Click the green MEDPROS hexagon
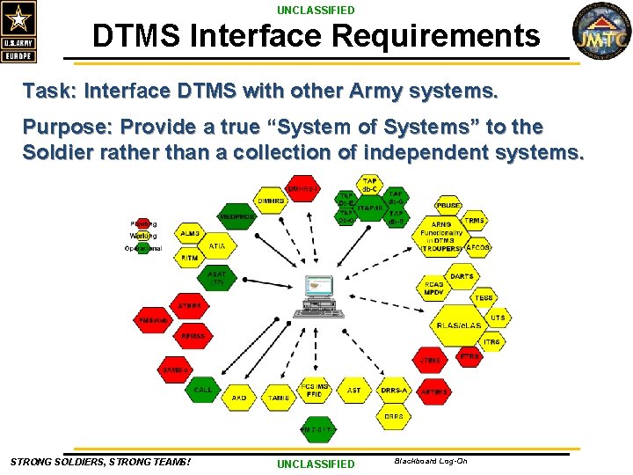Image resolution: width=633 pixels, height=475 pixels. click(x=236, y=216)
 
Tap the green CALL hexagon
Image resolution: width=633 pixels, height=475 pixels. click(x=203, y=390)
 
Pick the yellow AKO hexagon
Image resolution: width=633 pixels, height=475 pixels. click(x=239, y=398)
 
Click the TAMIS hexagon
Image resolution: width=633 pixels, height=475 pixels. click(x=279, y=398)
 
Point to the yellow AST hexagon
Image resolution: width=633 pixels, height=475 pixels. click(x=353, y=390)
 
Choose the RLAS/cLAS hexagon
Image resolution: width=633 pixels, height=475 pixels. click(x=458, y=325)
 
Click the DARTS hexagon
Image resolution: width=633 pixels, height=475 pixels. click(x=462, y=276)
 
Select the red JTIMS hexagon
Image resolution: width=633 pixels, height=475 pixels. click(x=431, y=360)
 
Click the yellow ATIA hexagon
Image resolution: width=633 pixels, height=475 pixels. click(x=216, y=247)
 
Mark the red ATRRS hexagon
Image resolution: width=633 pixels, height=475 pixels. click(x=189, y=306)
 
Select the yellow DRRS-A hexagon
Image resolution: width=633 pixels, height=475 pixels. click(x=394, y=390)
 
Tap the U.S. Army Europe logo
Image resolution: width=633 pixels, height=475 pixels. click(x=19, y=32)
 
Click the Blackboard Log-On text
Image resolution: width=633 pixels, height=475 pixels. click(x=431, y=461)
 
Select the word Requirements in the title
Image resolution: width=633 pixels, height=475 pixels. click(x=443, y=36)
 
